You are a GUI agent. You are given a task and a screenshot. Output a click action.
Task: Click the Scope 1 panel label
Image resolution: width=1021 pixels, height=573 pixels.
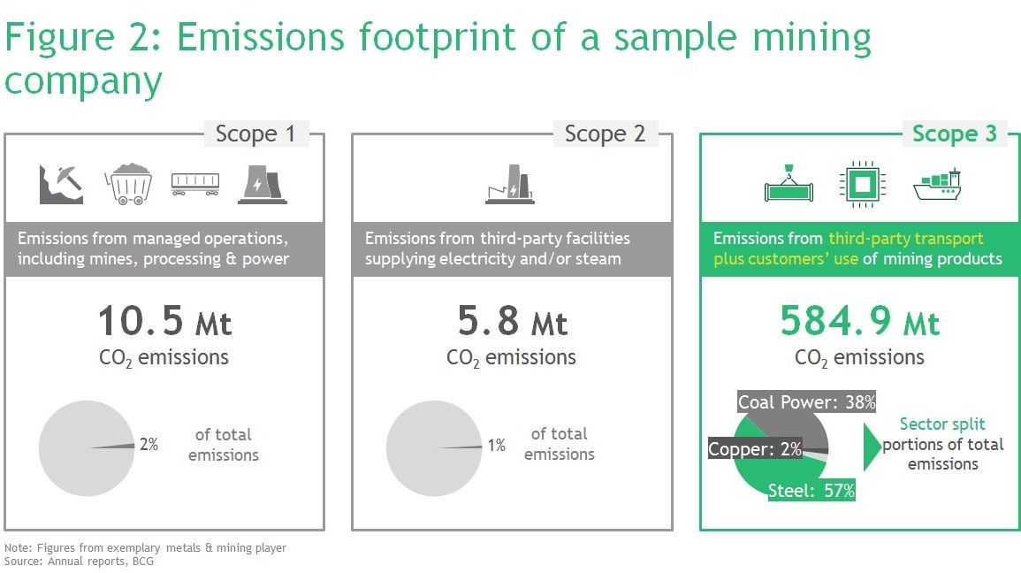tap(255, 134)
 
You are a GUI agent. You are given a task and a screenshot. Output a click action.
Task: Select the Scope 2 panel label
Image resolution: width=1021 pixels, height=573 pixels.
tap(605, 134)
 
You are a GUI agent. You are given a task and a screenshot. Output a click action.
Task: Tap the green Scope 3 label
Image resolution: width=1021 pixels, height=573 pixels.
tap(955, 134)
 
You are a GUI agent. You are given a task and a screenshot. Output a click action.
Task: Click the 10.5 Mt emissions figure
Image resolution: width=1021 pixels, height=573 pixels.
tap(164, 321)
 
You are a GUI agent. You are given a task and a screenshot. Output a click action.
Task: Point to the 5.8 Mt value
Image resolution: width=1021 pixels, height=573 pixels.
tap(513, 321)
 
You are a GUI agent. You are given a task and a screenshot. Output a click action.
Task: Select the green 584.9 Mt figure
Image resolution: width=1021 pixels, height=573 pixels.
tap(859, 321)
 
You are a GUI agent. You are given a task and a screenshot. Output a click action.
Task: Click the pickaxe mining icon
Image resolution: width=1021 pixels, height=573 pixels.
tap(61, 184)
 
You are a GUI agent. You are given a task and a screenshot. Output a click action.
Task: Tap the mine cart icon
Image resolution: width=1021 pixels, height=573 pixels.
tap(128, 184)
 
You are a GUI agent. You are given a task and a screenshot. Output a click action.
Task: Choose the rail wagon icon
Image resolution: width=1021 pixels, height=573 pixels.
tap(195, 184)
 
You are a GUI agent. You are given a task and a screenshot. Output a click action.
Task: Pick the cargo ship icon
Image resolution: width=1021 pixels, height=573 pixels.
tap(937, 185)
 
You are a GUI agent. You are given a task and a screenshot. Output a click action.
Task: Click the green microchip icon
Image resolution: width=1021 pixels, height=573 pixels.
tap(863, 185)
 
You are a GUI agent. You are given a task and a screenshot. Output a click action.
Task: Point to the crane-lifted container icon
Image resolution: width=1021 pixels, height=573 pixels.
tap(789, 184)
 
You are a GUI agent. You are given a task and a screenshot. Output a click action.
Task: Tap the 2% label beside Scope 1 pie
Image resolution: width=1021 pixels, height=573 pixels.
tap(149, 444)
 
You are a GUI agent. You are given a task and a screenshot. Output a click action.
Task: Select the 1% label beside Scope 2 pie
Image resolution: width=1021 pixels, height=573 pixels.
tap(496, 445)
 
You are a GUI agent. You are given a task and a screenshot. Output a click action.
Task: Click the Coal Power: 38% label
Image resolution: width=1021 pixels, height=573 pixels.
tap(806, 401)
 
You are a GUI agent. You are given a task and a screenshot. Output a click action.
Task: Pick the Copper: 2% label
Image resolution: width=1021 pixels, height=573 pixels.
tap(755, 448)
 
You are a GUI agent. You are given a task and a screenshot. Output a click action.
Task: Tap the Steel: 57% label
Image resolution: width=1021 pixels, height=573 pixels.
tap(811, 490)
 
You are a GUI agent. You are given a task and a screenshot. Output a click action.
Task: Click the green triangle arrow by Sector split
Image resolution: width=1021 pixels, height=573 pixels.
tap(872, 447)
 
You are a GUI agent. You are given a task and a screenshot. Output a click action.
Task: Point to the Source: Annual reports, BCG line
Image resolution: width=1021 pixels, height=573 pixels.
tap(79, 562)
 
